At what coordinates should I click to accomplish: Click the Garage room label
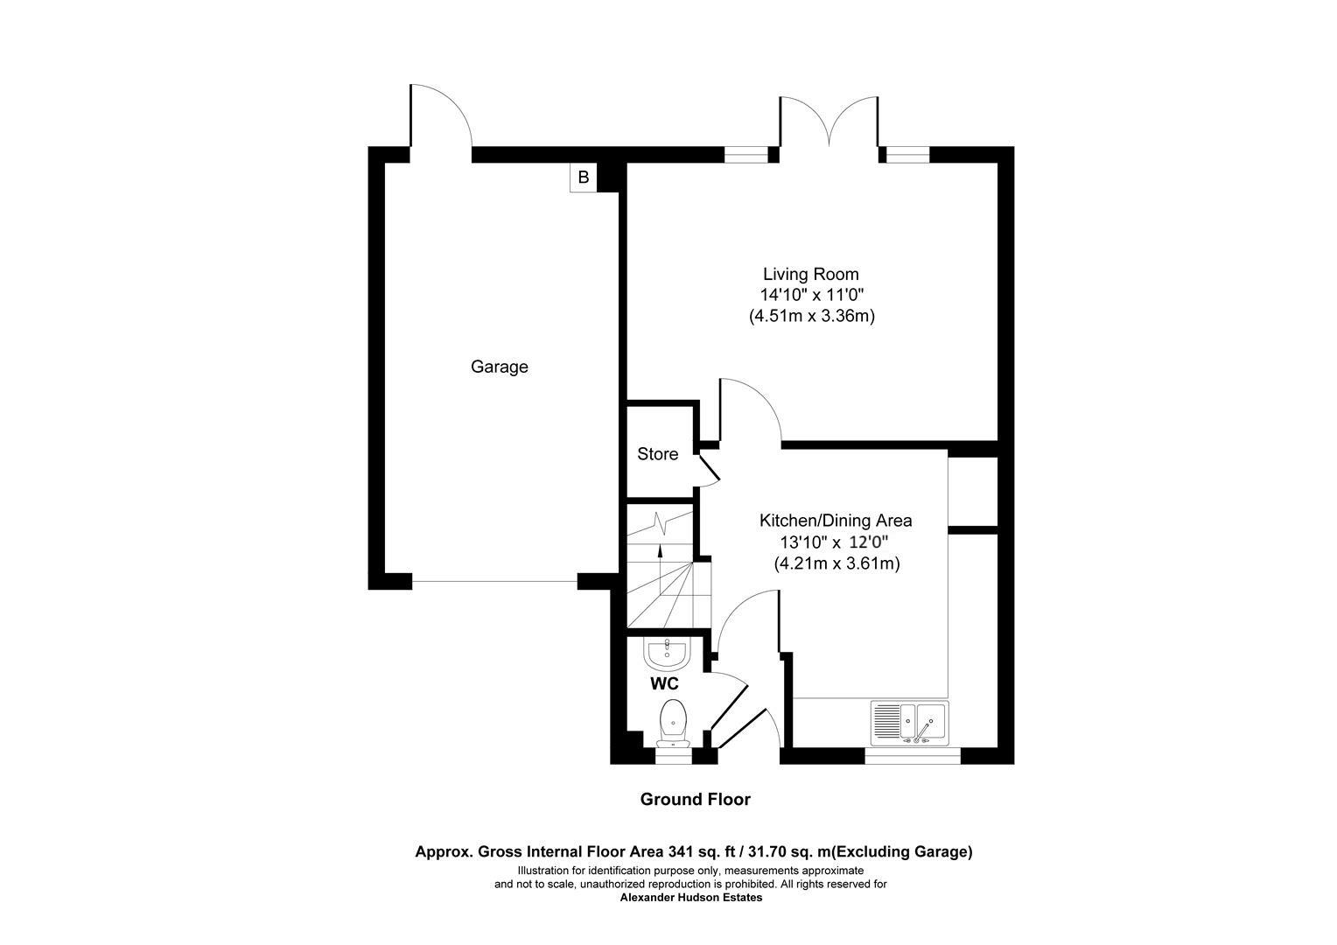tap(499, 367)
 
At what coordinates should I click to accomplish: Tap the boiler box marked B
tap(583, 178)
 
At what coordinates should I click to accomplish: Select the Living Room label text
tap(810, 274)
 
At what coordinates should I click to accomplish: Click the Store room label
tap(657, 454)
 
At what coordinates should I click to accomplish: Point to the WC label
tap(664, 683)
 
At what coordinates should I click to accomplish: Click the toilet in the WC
tap(672, 720)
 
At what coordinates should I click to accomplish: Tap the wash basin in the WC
tap(668, 651)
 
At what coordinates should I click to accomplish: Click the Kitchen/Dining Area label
tap(835, 521)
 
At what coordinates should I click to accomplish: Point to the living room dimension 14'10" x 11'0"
tap(811, 296)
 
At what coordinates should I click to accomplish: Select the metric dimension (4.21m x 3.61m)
tap(836, 564)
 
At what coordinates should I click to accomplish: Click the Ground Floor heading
tap(695, 799)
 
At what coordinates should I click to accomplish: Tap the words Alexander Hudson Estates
tap(691, 897)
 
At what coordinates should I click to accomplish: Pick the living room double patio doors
tap(829, 122)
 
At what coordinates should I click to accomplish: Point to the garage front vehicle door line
tap(494, 581)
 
